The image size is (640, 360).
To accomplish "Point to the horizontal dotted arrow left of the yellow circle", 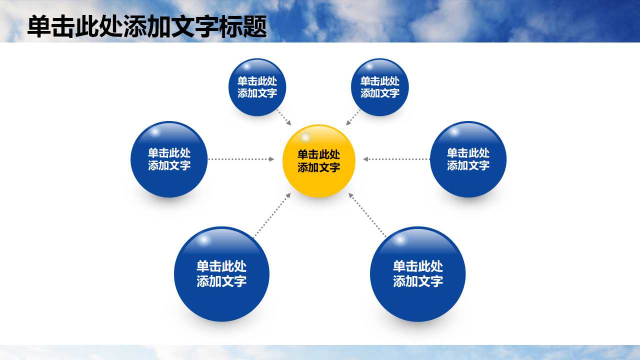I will (241, 159).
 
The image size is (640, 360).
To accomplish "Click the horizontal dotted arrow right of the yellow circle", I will (396, 159).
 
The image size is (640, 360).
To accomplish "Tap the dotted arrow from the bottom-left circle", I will (272, 215).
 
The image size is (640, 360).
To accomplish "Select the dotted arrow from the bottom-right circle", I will (367, 215).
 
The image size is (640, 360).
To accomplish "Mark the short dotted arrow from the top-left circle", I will (284, 117).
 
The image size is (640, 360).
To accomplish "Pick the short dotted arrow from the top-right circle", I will (353, 117).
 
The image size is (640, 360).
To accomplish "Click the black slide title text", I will (146, 27).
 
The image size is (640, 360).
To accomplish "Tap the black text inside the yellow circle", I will (318, 161).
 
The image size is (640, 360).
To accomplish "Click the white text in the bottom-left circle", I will (221, 273).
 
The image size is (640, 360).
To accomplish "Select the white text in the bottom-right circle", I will (417, 273).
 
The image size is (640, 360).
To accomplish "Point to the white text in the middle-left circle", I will (169, 159).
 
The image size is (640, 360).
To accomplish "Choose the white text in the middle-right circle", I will (468, 159).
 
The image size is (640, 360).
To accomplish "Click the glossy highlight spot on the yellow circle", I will (304, 137).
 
